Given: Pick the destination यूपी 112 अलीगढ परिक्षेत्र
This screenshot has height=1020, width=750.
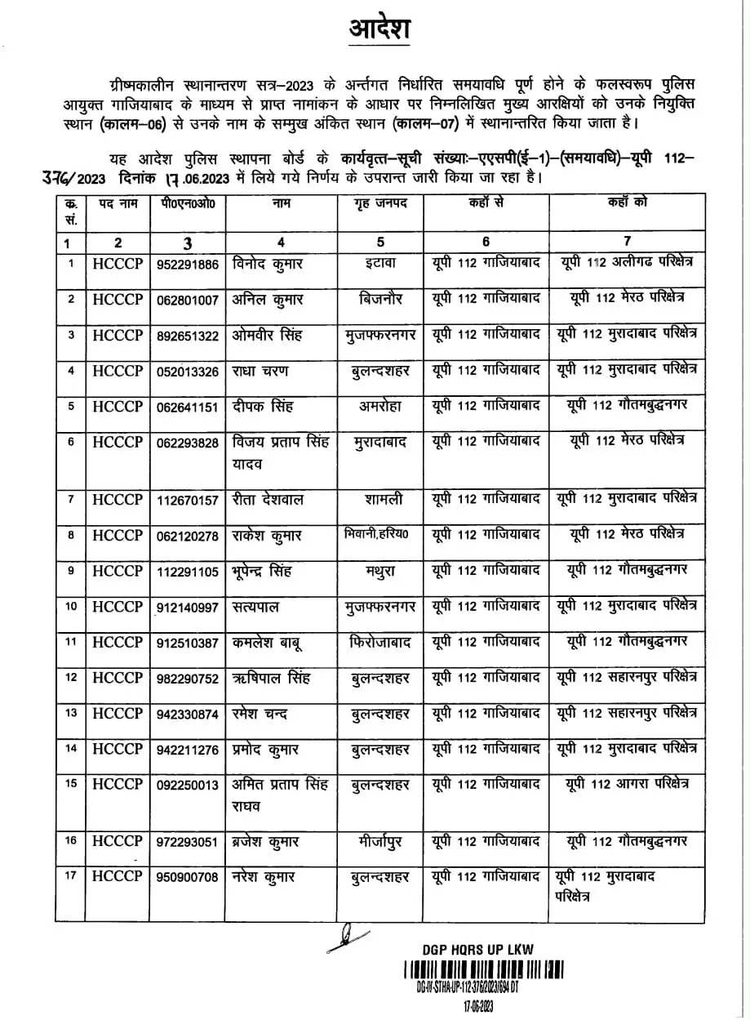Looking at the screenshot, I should (627, 263).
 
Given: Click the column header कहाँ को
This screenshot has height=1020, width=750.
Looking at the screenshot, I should (627, 203).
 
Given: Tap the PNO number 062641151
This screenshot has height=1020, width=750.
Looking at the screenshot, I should (187, 407).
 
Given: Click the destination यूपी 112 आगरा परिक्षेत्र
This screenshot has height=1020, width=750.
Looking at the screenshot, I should (627, 784).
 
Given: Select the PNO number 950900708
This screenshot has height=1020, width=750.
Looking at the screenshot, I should (187, 878).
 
